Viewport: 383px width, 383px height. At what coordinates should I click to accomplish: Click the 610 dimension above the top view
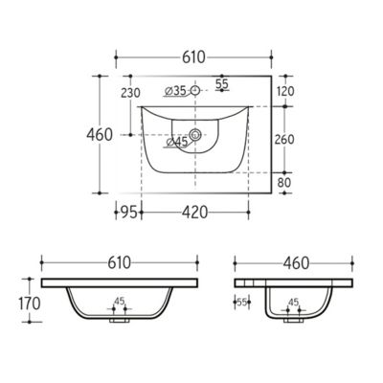pos(193,57)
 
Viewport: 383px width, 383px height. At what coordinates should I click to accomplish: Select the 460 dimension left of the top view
pos(100,135)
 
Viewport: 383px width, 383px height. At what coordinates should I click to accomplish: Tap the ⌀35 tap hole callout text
pos(175,91)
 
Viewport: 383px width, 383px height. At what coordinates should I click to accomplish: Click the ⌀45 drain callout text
pos(176,143)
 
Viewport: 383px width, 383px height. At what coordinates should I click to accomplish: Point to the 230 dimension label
pos(130,93)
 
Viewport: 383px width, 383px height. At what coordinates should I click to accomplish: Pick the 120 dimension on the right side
pos(285,92)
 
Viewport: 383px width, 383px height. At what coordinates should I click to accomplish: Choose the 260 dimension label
pos(284,140)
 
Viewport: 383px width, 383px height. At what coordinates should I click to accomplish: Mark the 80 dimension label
pos(284,183)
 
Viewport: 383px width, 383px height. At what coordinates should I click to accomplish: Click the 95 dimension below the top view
pos(129,213)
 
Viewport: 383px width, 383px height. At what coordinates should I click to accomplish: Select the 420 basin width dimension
pos(194,213)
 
